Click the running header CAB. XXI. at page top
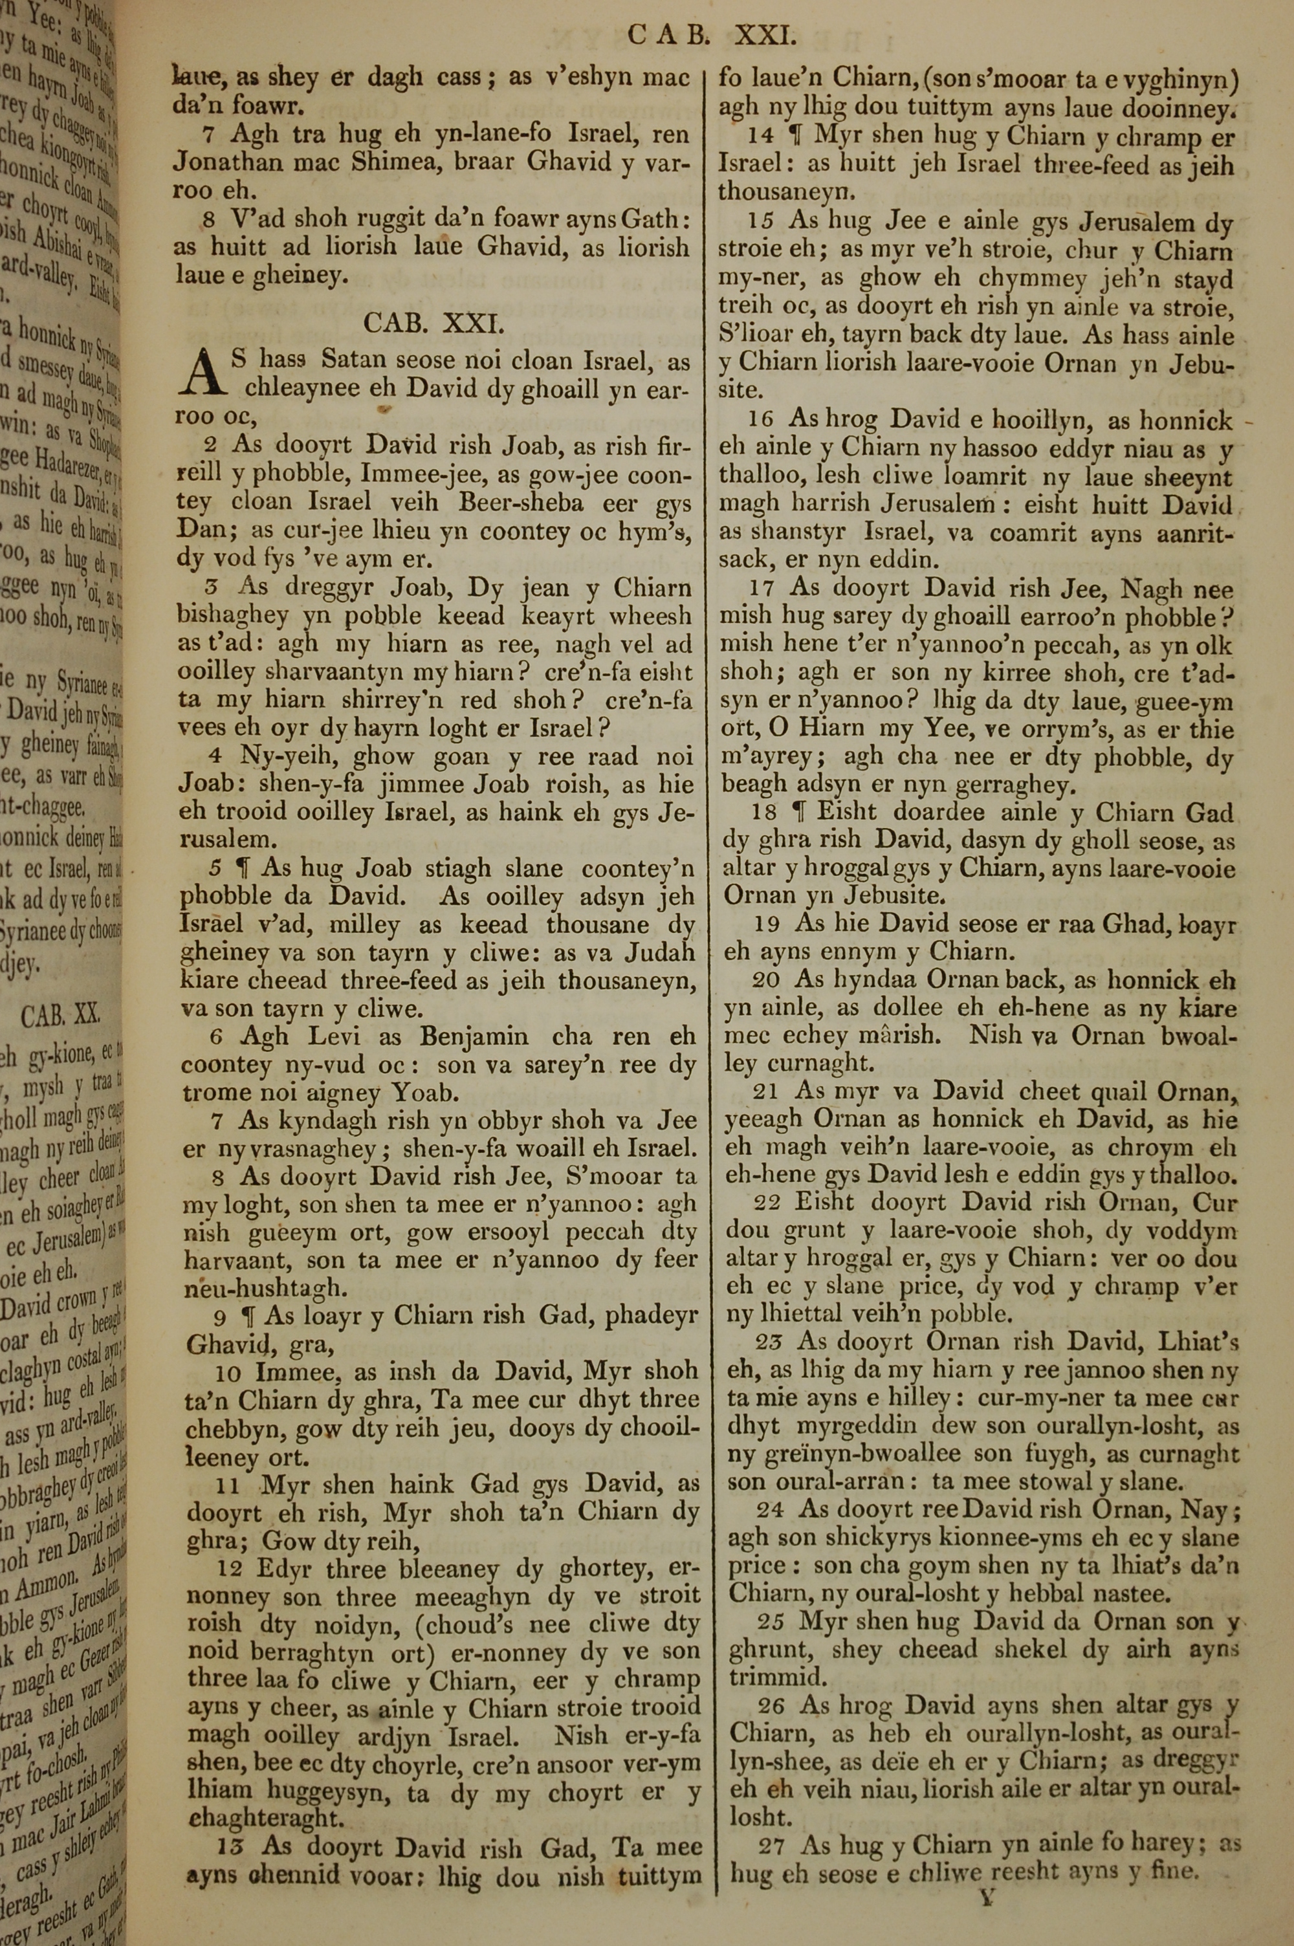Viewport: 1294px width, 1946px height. (x=711, y=35)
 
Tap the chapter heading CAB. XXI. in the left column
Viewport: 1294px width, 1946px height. (x=433, y=323)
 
